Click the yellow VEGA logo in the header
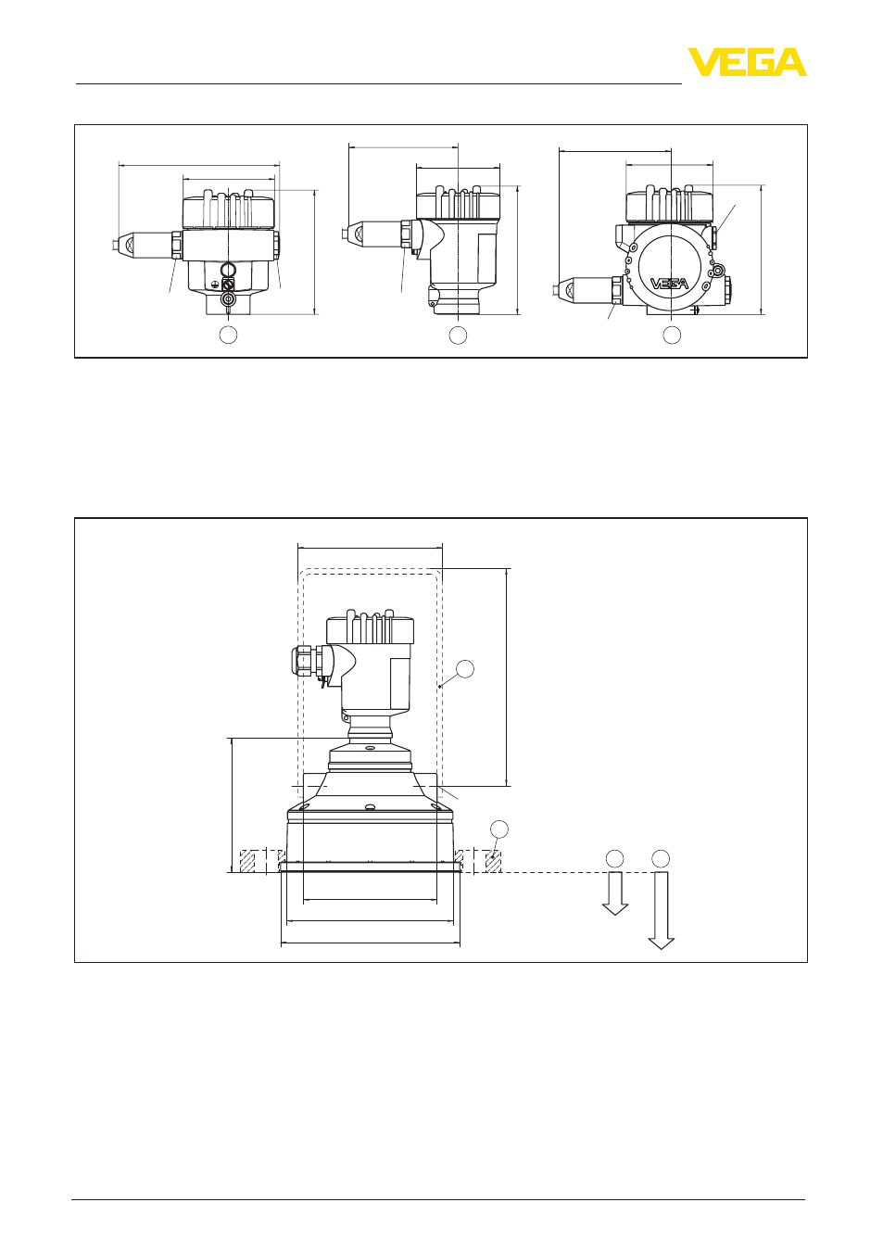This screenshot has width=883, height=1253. tap(747, 62)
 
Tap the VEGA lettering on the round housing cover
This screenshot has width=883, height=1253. tap(669, 284)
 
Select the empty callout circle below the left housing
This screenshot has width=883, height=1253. tap(228, 335)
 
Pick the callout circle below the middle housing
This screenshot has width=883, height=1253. tap(458, 335)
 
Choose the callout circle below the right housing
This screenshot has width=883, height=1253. tap(672, 335)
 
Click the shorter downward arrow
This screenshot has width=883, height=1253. tap(614, 893)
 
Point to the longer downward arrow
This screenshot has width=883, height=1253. tap(661, 911)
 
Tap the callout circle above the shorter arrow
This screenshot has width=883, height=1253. tap(614, 858)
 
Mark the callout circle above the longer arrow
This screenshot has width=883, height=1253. tap(661, 858)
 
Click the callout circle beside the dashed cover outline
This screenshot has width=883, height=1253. tap(465, 669)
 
